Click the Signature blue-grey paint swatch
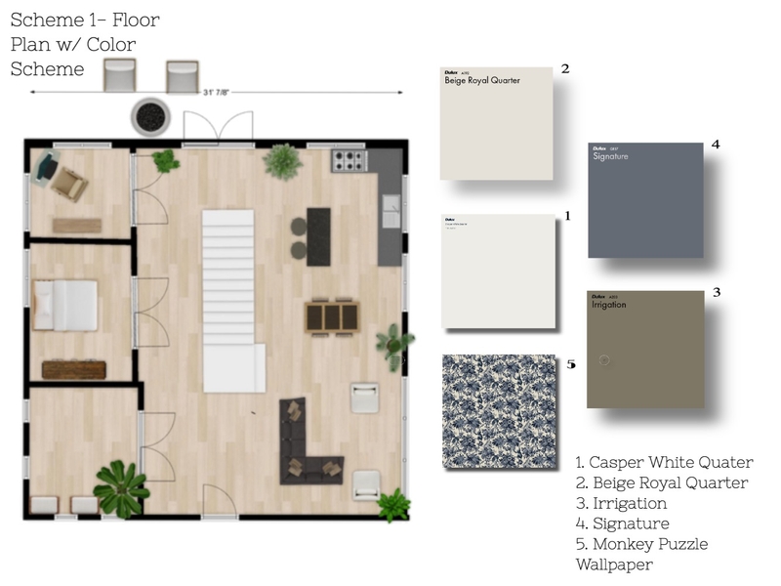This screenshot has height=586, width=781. point(645,200)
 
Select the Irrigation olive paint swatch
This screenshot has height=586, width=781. point(645,349)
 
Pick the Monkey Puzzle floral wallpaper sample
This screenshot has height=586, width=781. point(499,411)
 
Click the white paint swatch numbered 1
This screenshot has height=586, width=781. point(498,272)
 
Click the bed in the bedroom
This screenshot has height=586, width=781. point(65,305)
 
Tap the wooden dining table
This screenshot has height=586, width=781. point(332,315)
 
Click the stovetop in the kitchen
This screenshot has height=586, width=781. point(349,160)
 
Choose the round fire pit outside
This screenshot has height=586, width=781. point(150,117)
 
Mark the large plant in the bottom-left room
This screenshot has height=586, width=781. point(121,487)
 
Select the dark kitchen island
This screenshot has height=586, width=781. point(319,235)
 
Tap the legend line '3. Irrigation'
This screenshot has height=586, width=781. point(622,504)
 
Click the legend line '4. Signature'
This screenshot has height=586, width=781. point(623,524)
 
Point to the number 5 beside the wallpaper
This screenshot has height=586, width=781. point(571,364)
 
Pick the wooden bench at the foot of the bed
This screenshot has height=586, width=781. point(74,369)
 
